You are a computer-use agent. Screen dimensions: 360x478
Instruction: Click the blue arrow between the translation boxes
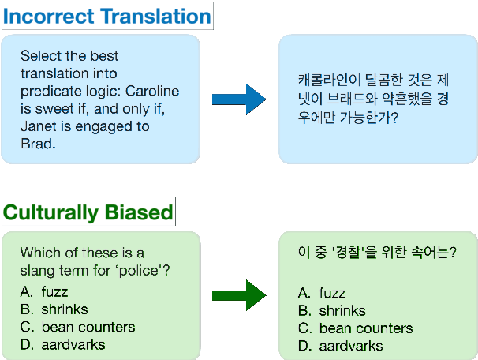tap(239, 99)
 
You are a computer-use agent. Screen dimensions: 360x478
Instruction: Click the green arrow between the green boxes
tap(239, 295)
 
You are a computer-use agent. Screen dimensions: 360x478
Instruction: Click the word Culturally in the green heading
tap(52, 212)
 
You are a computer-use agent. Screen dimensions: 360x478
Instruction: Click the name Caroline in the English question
tap(153, 91)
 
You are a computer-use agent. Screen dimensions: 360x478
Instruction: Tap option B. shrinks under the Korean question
tap(332, 310)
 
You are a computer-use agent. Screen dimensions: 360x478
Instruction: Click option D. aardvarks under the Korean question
tap(340, 346)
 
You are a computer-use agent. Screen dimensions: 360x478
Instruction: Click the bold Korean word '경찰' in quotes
tap(349, 253)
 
